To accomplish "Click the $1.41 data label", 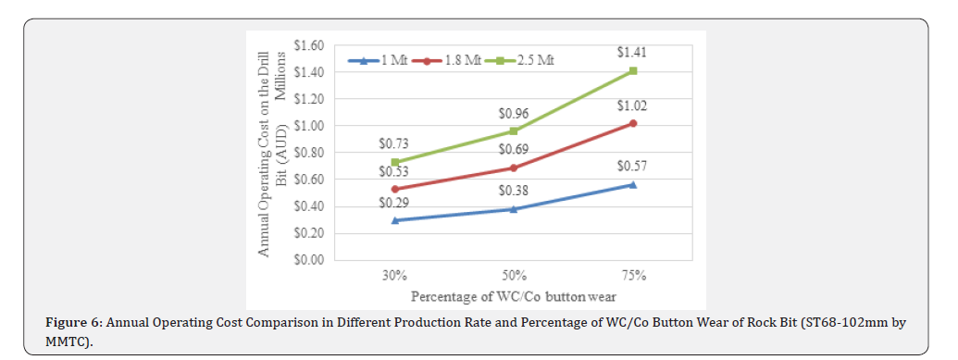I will point(632,55).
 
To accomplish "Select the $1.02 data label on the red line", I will point(632,106).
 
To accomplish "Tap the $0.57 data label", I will point(632,167).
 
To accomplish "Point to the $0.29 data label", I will point(394,202).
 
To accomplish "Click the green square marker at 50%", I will point(515,131).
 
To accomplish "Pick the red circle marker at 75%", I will point(633,123).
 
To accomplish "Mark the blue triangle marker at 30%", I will point(395,220).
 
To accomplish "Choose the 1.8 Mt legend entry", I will point(447,61).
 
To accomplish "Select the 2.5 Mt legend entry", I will point(524,61).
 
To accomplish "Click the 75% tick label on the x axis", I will point(633,276).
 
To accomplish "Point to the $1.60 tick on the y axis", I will point(307,45).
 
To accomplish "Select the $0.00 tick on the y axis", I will point(307,260).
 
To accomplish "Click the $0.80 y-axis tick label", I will point(307,153).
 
